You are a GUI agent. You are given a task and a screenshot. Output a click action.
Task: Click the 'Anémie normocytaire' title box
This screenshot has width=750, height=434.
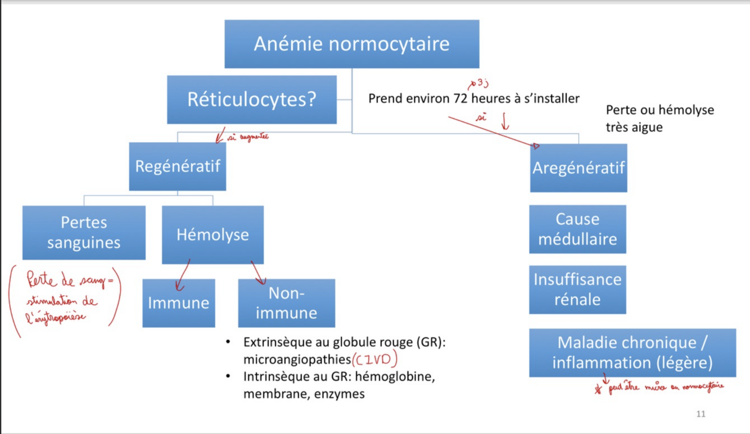[351, 44]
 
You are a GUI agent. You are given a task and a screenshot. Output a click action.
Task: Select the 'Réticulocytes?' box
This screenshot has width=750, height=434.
[251, 100]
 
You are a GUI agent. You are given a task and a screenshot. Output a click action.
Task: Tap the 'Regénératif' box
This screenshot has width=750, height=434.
[177, 166]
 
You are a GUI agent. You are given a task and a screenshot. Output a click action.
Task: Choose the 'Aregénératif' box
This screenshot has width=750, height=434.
[578, 168]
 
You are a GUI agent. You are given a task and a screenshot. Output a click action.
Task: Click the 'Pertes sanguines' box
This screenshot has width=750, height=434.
[84, 233]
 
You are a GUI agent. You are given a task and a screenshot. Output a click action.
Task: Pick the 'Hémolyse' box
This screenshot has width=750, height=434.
[213, 234]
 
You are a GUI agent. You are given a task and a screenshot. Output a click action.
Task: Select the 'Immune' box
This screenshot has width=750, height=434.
[178, 303]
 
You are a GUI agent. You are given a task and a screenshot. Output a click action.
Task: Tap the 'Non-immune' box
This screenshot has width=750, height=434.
[286, 303]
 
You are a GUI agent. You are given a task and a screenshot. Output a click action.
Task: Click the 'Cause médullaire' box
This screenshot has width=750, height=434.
[577, 229]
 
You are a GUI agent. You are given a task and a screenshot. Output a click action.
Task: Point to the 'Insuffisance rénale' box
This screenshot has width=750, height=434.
[577, 289]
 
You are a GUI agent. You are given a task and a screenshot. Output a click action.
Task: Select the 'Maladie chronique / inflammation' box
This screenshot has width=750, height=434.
[632, 352]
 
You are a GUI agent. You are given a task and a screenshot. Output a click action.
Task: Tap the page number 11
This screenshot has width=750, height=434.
[701, 414]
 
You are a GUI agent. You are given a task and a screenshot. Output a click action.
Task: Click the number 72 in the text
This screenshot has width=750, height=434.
[460, 99]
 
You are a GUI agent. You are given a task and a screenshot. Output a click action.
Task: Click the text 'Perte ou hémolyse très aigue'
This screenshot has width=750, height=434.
[659, 118]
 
